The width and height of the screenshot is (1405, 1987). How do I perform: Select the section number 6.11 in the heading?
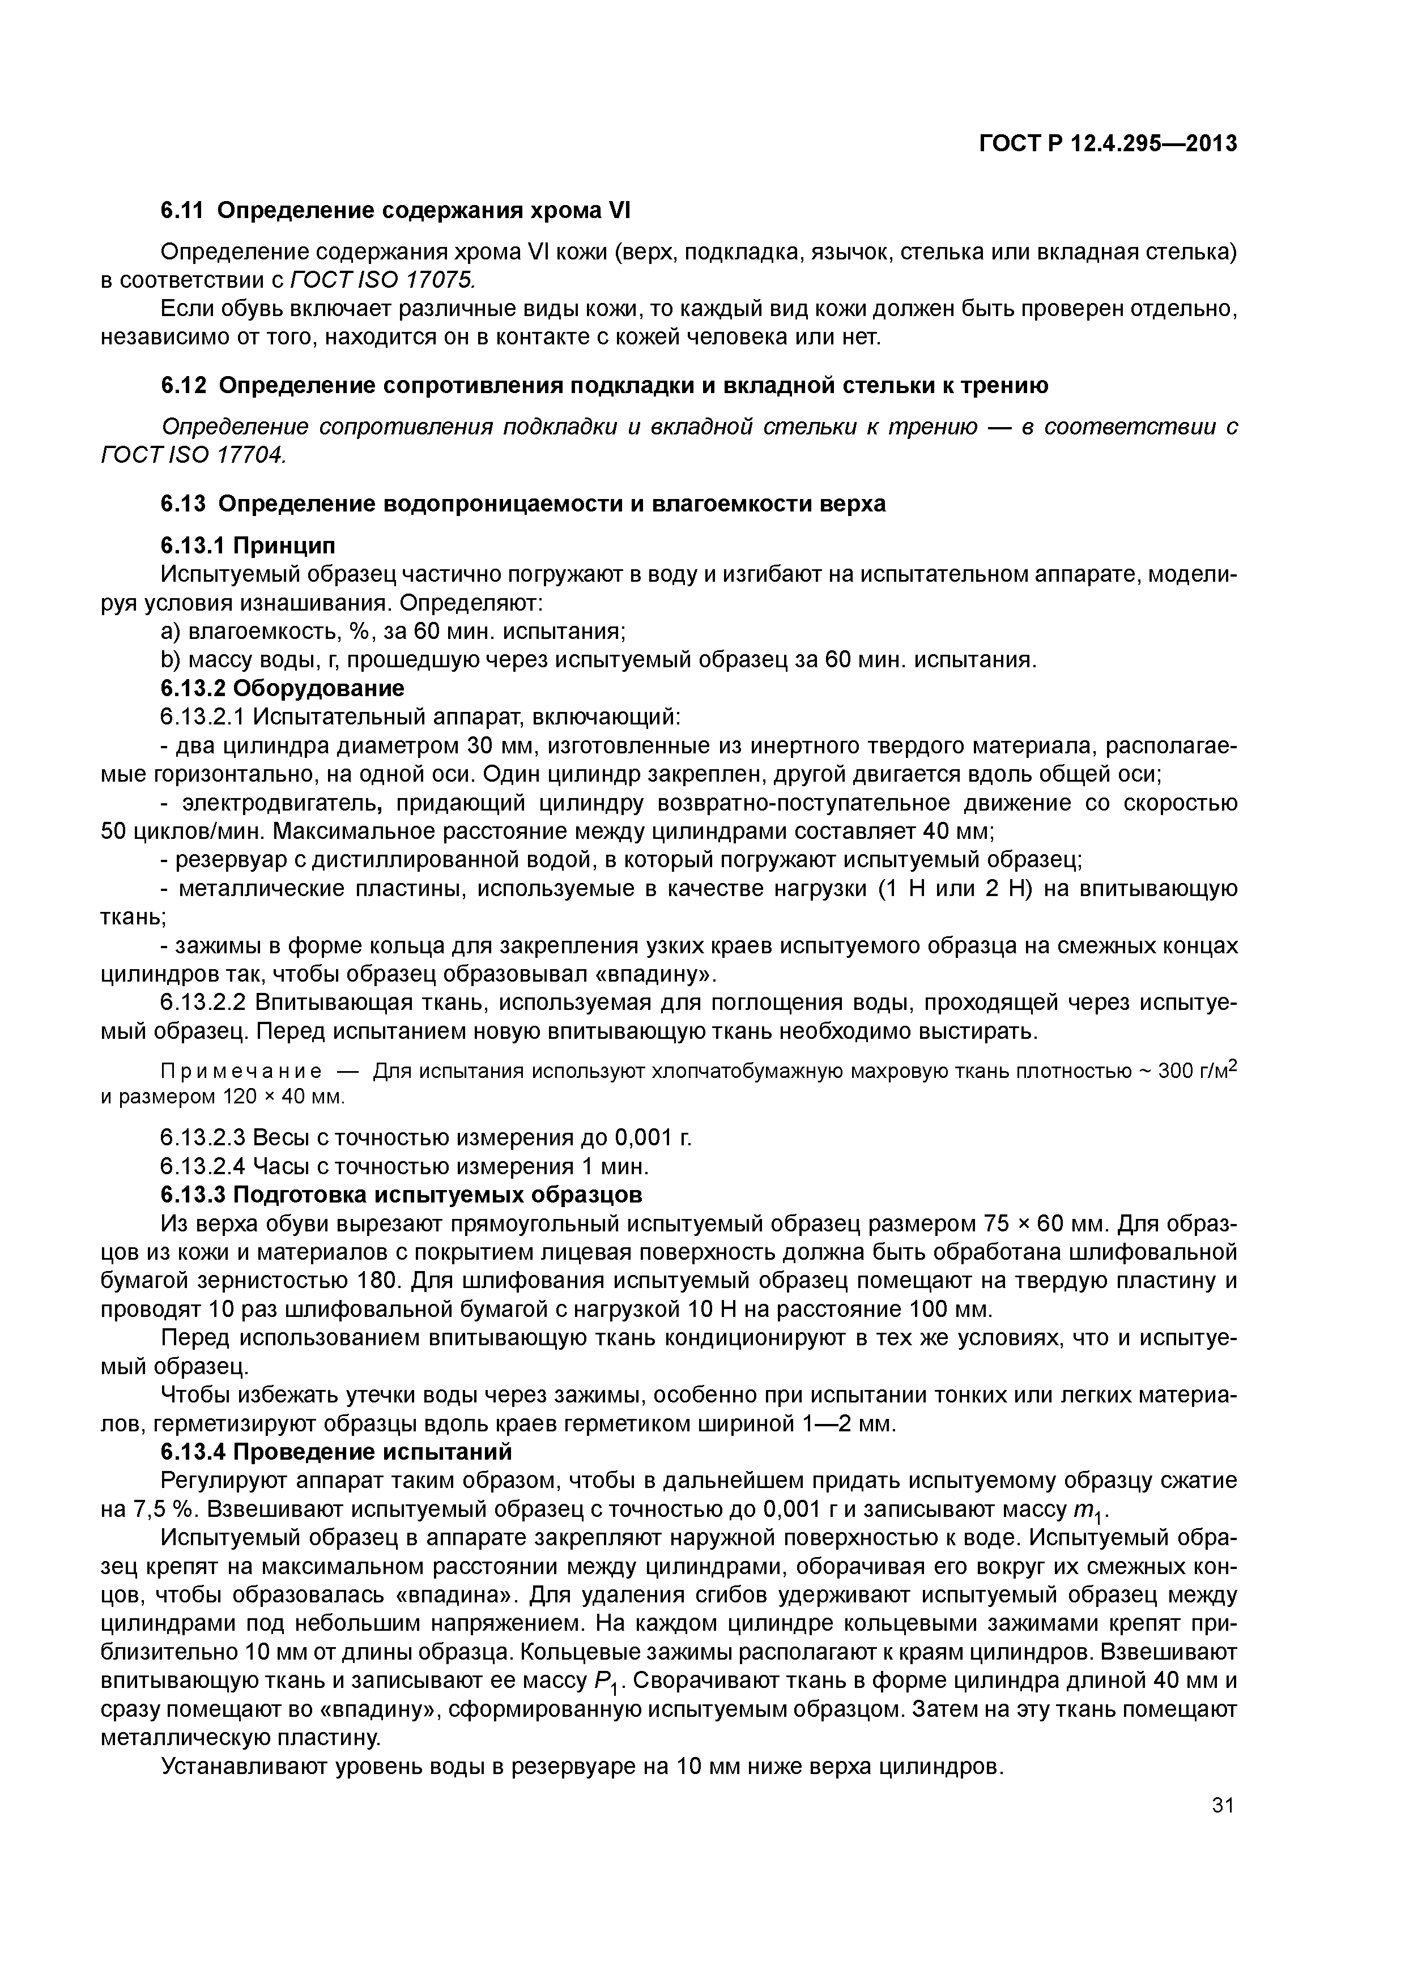coord(182,210)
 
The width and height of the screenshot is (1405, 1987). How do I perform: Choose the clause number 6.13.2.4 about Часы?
coord(205,1167)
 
